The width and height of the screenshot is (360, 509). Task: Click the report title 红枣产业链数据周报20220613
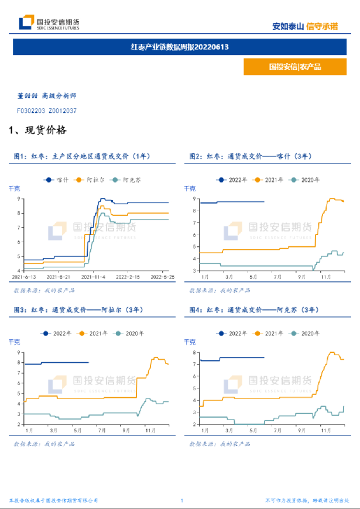tap(180, 47)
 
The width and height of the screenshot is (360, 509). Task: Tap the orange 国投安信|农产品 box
tap(295, 67)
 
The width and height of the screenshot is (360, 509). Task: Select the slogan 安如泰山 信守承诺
tap(305, 26)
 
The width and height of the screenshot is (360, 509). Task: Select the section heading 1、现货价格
tap(38, 130)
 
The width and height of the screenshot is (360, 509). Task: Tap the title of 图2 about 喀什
tap(251, 156)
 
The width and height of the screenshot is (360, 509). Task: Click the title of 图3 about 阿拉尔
tap(76, 310)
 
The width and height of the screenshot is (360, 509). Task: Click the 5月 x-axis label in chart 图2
tap(253, 276)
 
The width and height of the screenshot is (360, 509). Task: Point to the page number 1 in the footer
tap(182, 501)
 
